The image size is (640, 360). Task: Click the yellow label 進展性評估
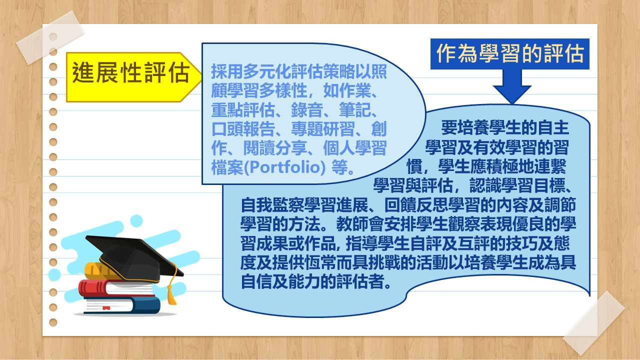tap(133, 77)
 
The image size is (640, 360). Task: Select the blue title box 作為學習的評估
tap(509, 53)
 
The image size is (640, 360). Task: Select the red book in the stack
tap(115, 288)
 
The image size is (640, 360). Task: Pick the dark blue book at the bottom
tap(122, 305)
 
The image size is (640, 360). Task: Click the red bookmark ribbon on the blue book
tap(106, 308)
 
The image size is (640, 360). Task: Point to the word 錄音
tap(307, 110)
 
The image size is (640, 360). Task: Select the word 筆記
tap(355, 110)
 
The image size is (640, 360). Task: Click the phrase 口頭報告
tap(243, 129)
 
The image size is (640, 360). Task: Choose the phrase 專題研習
tap(323, 129)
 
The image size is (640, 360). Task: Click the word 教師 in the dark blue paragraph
tap(352, 224)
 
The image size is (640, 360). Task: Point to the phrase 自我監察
tap(272, 205)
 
